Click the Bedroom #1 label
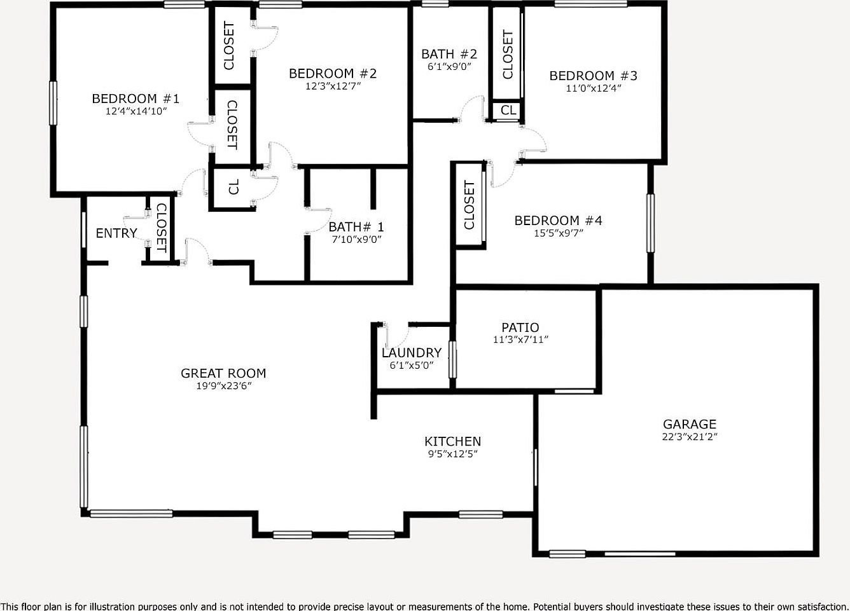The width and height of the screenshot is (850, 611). (x=136, y=99)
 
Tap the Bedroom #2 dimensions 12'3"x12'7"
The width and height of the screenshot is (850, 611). (x=333, y=86)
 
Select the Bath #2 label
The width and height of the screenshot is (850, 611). (x=449, y=55)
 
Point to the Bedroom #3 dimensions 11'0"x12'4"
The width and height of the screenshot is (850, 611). (x=593, y=88)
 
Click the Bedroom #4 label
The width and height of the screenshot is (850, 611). (x=558, y=221)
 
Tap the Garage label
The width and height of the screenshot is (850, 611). (x=690, y=424)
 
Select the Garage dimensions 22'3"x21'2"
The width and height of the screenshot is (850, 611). (x=690, y=437)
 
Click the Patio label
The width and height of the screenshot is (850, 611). (x=520, y=328)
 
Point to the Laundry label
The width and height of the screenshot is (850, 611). (x=411, y=353)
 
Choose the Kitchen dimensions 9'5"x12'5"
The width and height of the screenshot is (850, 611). (x=452, y=454)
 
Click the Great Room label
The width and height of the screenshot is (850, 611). (x=223, y=373)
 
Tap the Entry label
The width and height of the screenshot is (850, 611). (x=116, y=233)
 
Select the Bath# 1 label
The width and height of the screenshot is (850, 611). (x=356, y=227)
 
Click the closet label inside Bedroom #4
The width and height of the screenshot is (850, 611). (x=470, y=205)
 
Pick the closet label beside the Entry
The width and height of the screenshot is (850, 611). (x=161, y=228)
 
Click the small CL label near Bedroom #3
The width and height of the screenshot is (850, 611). (x=508, y=111)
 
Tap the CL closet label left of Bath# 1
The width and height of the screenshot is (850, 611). (x=233, y=187)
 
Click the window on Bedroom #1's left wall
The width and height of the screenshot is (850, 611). (x=53, y=103)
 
